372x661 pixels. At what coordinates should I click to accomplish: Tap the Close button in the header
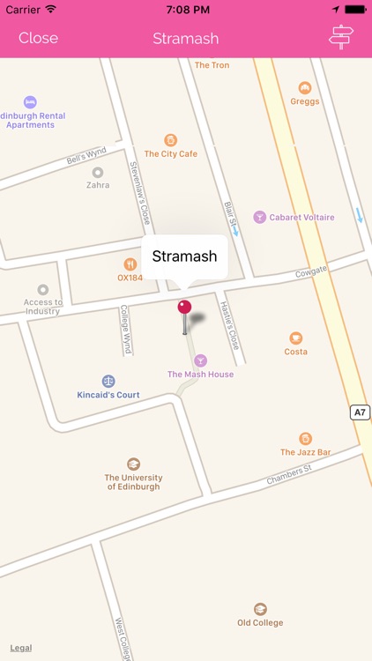38,38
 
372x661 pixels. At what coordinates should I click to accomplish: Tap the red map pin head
184,307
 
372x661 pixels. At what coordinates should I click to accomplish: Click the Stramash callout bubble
184,256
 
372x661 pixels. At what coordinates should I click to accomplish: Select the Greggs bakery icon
305,87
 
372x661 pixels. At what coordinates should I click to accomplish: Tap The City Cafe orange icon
170,139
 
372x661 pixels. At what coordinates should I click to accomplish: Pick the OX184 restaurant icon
130,264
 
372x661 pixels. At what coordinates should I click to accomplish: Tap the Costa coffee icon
296,338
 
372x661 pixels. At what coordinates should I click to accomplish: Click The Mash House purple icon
201,360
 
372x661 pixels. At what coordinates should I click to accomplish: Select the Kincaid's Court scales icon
108,381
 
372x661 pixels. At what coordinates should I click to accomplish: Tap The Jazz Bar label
306,452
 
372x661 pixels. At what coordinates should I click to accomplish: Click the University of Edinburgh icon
133,464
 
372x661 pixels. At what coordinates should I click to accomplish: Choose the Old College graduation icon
260,609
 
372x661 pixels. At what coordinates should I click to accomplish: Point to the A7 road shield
360,412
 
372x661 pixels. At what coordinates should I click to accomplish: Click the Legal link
21,648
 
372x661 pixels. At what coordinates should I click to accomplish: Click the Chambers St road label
289,476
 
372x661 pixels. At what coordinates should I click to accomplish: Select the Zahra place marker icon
98,173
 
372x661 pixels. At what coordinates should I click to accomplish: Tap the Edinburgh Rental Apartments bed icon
31,101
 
